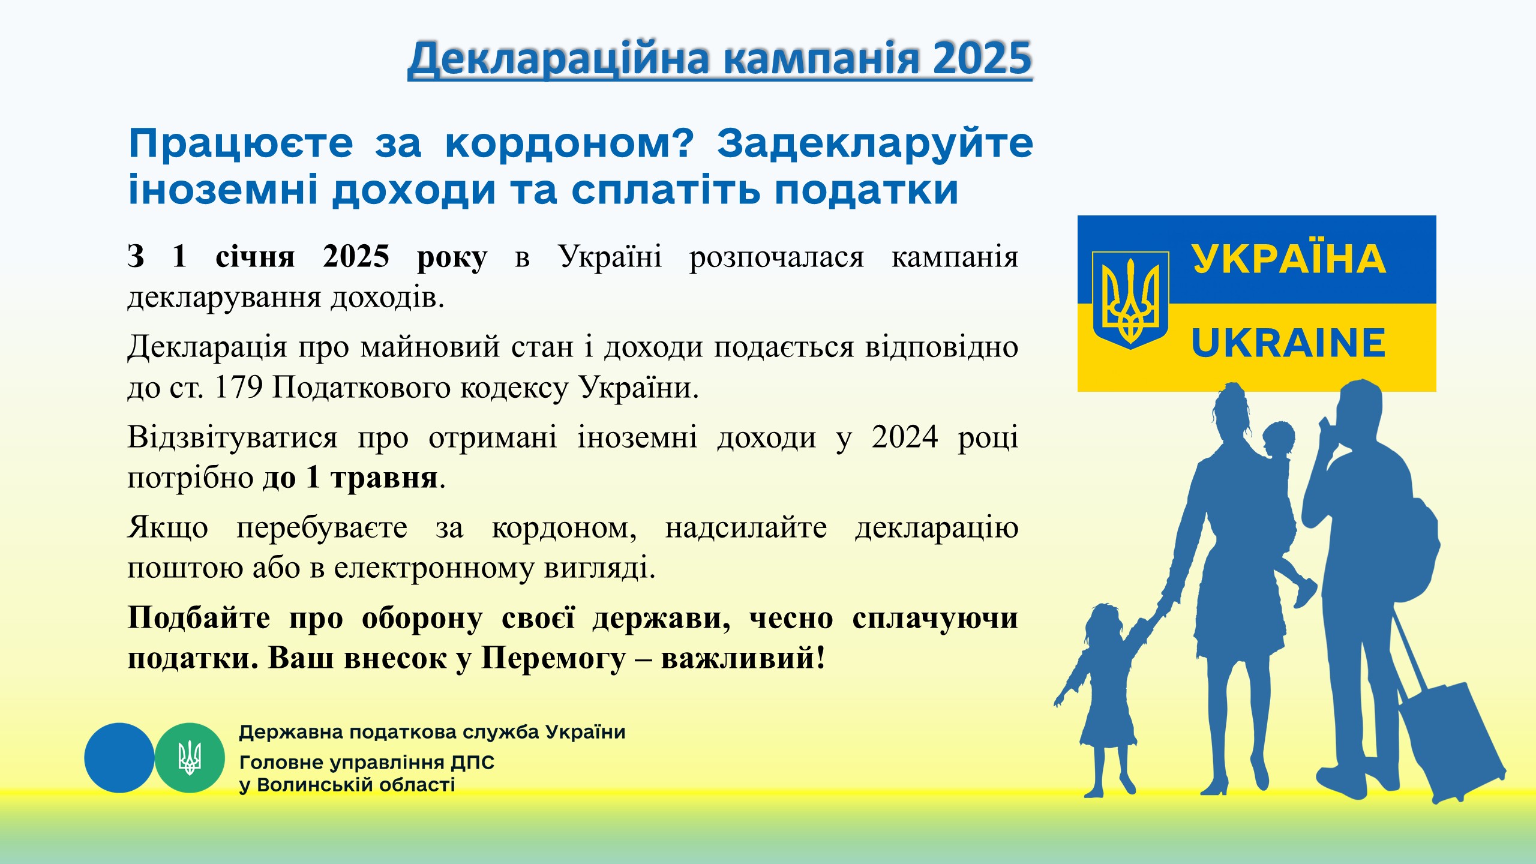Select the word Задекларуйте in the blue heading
tap(875, 145)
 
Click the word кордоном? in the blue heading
tap(569, 145)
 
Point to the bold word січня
tap(255, 257)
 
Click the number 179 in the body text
tap(238, 387)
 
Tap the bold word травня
tap(385, 478)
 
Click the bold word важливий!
tap(743, 658)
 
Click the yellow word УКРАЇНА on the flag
tap(1289, 259)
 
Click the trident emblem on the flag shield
tap(1130, 300)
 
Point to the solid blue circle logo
tap(119, 758)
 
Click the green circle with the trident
tap(190, 758)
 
